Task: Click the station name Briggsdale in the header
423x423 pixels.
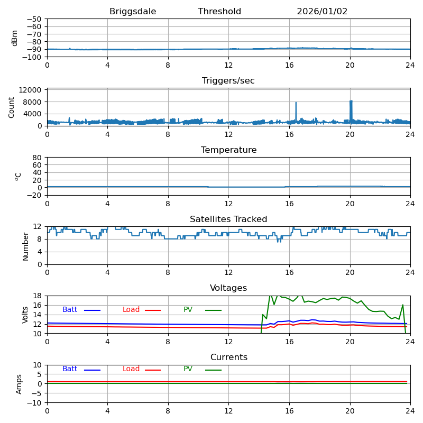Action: pyautogui.click(x=133, y=12)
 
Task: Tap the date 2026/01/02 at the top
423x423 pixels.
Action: pyautogui.click(x=322, y=12)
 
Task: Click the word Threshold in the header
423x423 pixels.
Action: pyautogui.click(x=219, y=12)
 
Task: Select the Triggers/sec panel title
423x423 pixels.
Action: pyautogui.click(x=228, y=81)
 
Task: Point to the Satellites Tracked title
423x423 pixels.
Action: pyautogui.click(x=228, y=219)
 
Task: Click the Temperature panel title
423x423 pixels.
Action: pyautogui.click(x=228, y=150)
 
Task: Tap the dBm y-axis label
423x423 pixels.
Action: pyautogui.click(x=15, y=38)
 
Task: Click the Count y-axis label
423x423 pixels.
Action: pyautogui.click(x=12, y=107)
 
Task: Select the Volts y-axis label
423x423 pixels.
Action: pyautogui.click(x=25, y=315)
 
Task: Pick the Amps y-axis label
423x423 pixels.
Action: pyautogui.click(x=19, y=384)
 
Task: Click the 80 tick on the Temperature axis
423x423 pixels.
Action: pyautogui.click(x=38, y=158)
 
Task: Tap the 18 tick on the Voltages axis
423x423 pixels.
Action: pyautogui.click(x=38, y=296)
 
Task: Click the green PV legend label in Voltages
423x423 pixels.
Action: pyautogui.click(x=188, y=310)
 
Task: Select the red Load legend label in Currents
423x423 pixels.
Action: pyautogui.click(x=131, y=369)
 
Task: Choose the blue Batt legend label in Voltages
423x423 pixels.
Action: pyautogui.click(x=70, y=310)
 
